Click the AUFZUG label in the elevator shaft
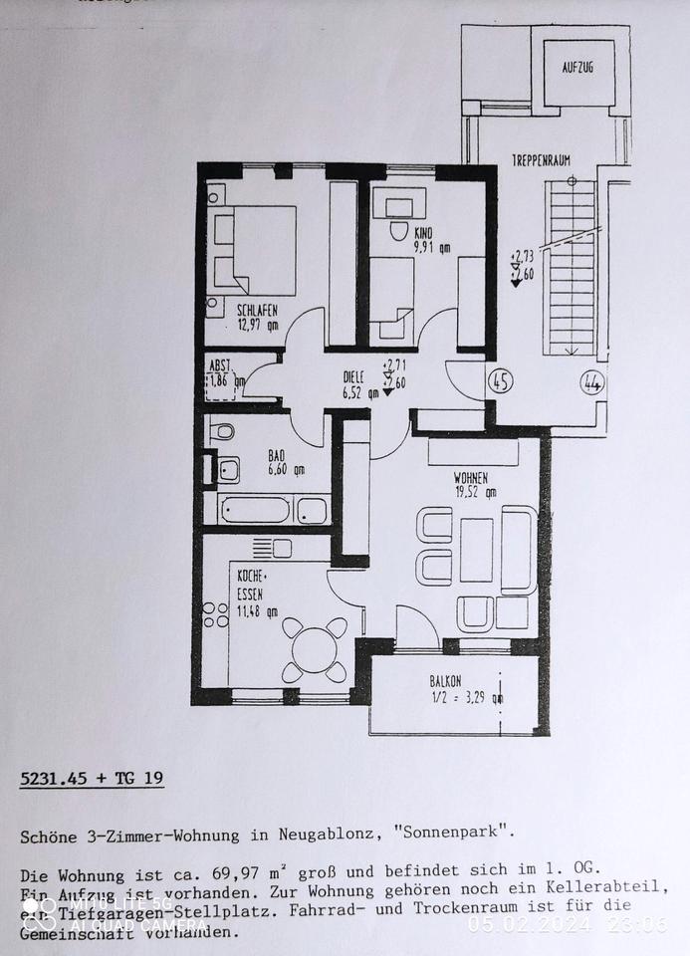tap(578, 67)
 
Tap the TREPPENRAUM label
tap(541, 160)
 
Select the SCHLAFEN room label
tap(258, 310)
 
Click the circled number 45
tap(501, 381)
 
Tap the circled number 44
tap(592, 381)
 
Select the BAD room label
tap(276, 455)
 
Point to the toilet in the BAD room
tap(224, 431)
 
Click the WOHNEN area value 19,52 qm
tap(476, 491)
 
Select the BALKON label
tap(445, 681)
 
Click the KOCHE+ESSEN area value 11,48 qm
tap(258, 611)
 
